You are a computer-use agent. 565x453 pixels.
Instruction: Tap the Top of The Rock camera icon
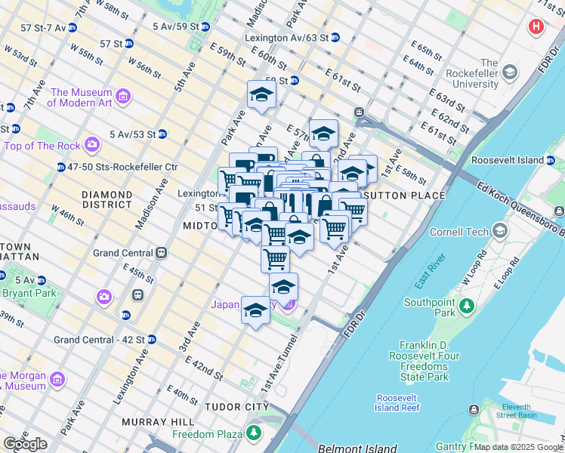[92, 143]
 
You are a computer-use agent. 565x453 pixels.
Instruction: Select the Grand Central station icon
[161, 254]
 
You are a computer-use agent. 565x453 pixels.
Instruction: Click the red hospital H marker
[536, 27]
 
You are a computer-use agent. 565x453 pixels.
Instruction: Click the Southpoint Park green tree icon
[467, 306]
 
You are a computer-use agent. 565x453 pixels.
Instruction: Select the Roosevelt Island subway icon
[551, 161]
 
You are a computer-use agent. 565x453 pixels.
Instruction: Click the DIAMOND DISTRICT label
[107, 199]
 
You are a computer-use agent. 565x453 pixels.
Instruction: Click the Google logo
[25, 444]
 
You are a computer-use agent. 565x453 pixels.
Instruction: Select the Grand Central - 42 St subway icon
[151, 340]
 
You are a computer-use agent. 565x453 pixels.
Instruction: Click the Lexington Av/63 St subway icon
[335, 37]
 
